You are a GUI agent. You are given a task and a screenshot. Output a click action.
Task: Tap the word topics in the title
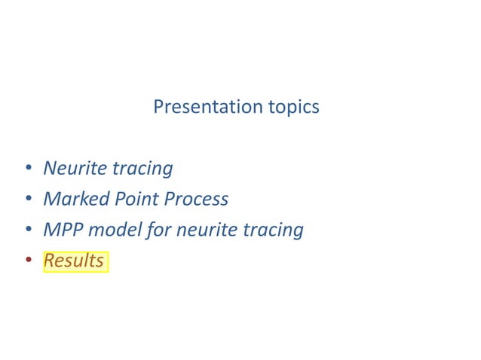293,108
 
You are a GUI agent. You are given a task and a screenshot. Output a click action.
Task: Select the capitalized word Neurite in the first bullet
75,168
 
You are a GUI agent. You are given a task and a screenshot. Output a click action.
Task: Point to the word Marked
74,199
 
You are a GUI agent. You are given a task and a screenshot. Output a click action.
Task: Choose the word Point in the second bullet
133,199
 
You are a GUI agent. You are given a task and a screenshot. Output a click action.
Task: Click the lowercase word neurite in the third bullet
207,230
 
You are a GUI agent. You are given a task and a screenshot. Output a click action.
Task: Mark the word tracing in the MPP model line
273,230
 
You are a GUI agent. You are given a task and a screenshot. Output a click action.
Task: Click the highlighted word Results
74,261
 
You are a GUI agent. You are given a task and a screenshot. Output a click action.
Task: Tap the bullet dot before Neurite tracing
27,169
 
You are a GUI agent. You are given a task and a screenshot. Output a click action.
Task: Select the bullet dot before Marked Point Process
27,200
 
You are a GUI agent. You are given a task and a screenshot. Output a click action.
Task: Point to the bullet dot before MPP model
27,230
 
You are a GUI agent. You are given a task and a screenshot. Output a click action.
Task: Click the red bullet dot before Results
27,261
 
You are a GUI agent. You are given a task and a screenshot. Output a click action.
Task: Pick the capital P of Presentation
158,107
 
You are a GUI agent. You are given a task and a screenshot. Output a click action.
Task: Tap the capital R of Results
50,261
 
